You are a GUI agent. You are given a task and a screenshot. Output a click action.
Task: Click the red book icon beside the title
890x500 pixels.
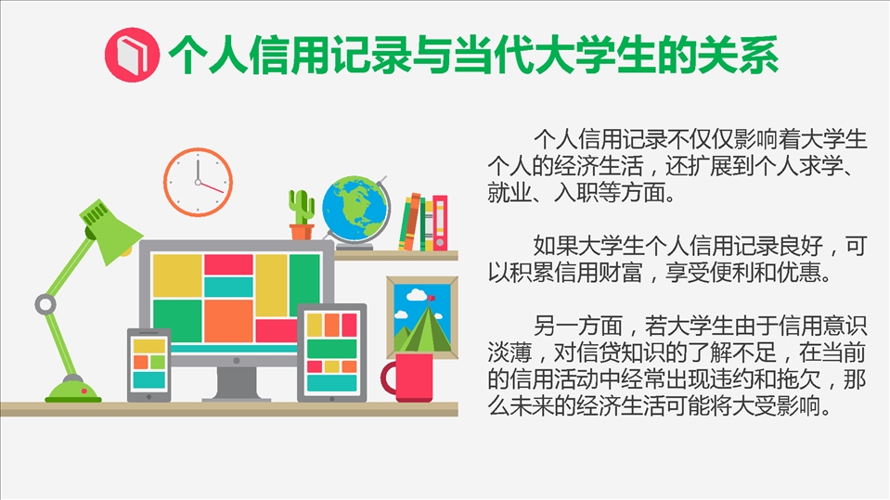tap(132, 55)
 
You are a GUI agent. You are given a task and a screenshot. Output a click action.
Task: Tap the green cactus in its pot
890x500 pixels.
tap(302, 214)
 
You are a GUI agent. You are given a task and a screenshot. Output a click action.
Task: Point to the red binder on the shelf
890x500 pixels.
tap(440, 223)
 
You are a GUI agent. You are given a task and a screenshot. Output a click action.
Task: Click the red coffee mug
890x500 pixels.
tap(407, 378)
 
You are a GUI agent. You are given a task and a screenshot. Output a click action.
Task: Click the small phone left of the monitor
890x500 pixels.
tap(148, 365)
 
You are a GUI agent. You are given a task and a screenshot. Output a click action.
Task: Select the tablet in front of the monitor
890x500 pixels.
tap(332, 353)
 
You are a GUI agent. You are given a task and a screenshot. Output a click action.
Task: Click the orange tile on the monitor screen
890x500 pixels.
tap(228, 321)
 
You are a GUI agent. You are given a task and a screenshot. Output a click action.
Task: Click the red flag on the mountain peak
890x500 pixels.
tap(432, 298)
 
